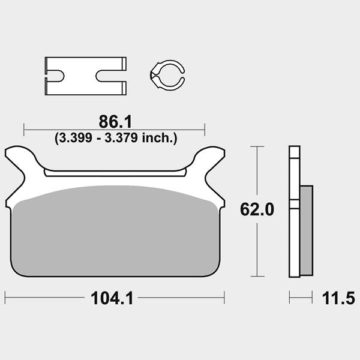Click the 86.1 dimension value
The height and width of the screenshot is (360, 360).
tap(115, 122)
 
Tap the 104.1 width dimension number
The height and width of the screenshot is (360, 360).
tap(112, 298)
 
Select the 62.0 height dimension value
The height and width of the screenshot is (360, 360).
tap(257, 209)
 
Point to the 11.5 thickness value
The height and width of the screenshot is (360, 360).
tap(338, 298)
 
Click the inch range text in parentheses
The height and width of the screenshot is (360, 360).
tap(116, 138)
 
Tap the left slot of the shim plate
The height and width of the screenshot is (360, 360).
tap(55, 76)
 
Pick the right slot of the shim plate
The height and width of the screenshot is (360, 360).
tap(110, 76)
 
